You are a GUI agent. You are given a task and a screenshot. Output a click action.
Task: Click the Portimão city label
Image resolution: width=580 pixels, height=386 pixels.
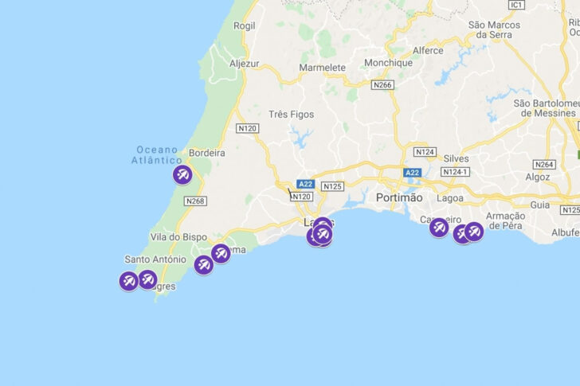[x=401, y=197]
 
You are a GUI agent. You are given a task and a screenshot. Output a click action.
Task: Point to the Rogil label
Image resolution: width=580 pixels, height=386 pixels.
[x=244, y=25]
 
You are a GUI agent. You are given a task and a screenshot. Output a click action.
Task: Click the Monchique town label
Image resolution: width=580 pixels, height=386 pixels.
[x=388, y=62]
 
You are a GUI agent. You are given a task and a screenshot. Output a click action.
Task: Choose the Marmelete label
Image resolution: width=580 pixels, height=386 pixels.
[x=323, y=68]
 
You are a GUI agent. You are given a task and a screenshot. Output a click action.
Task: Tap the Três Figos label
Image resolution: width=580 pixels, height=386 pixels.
[x=292, y=115]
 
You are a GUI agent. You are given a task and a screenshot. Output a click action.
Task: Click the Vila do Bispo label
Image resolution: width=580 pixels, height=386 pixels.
[x=178, y=237]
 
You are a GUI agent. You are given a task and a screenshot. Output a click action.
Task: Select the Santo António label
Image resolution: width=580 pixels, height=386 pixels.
[x=155, y=259]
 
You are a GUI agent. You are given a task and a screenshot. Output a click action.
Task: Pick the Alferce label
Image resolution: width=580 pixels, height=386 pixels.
[x=428, y=49]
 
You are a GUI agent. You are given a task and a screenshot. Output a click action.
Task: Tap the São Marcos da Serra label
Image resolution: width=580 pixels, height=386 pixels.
[x=500, y=29]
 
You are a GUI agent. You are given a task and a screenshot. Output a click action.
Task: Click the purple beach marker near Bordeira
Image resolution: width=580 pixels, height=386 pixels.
[x=182, y=175]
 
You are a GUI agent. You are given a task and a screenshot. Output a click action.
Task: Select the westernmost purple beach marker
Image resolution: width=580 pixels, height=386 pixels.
[x=128, y=280]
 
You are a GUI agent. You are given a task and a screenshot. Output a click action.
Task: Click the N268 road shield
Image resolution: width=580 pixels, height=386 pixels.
[x=194, y=201]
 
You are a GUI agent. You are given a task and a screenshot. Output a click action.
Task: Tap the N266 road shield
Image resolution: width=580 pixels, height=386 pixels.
[x=383, y=84]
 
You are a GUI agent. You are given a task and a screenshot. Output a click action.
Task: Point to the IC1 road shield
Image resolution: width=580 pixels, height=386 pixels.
[x=517, y=5]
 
